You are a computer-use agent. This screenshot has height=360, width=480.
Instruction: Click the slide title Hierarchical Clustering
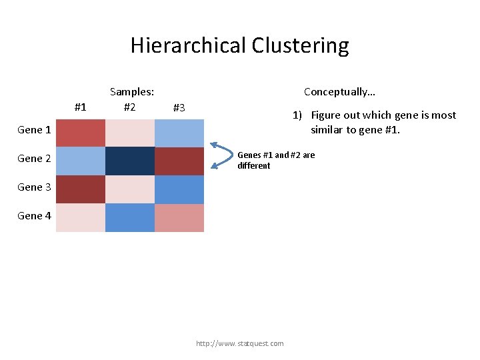(239, 45)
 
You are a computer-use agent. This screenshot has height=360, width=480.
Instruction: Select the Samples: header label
(132, 92)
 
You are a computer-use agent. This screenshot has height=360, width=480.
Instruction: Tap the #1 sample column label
(81, 107)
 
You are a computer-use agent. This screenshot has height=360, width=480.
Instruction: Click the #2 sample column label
(130, 107)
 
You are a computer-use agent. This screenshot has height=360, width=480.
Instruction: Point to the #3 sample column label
(179, 107)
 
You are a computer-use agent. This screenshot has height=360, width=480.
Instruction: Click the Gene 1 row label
(34, 130)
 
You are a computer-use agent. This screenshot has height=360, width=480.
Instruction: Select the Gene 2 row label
(34, 159)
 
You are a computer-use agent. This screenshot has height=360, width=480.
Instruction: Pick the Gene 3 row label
(34, 187)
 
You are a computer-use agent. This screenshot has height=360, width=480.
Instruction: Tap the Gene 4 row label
(34, 215)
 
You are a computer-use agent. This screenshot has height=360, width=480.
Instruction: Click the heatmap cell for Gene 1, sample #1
(81, 133)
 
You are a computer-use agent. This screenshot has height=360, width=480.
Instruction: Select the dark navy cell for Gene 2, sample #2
(130, 161)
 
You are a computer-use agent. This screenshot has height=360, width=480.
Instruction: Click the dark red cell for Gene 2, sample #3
(179, 161)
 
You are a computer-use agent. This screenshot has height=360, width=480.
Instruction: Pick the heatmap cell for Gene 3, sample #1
(81, 189)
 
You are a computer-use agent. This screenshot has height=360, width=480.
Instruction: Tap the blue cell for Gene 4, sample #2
(130, 217)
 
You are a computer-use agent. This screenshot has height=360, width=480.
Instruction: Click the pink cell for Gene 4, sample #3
(179, 217)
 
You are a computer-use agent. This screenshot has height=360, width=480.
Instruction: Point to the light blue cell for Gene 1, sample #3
(179, 133)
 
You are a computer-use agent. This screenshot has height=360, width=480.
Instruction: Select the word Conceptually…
(339, 92)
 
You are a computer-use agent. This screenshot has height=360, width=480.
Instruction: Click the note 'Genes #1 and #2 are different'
(276, 160)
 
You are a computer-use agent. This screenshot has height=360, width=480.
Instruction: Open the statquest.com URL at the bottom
(239, 343)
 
